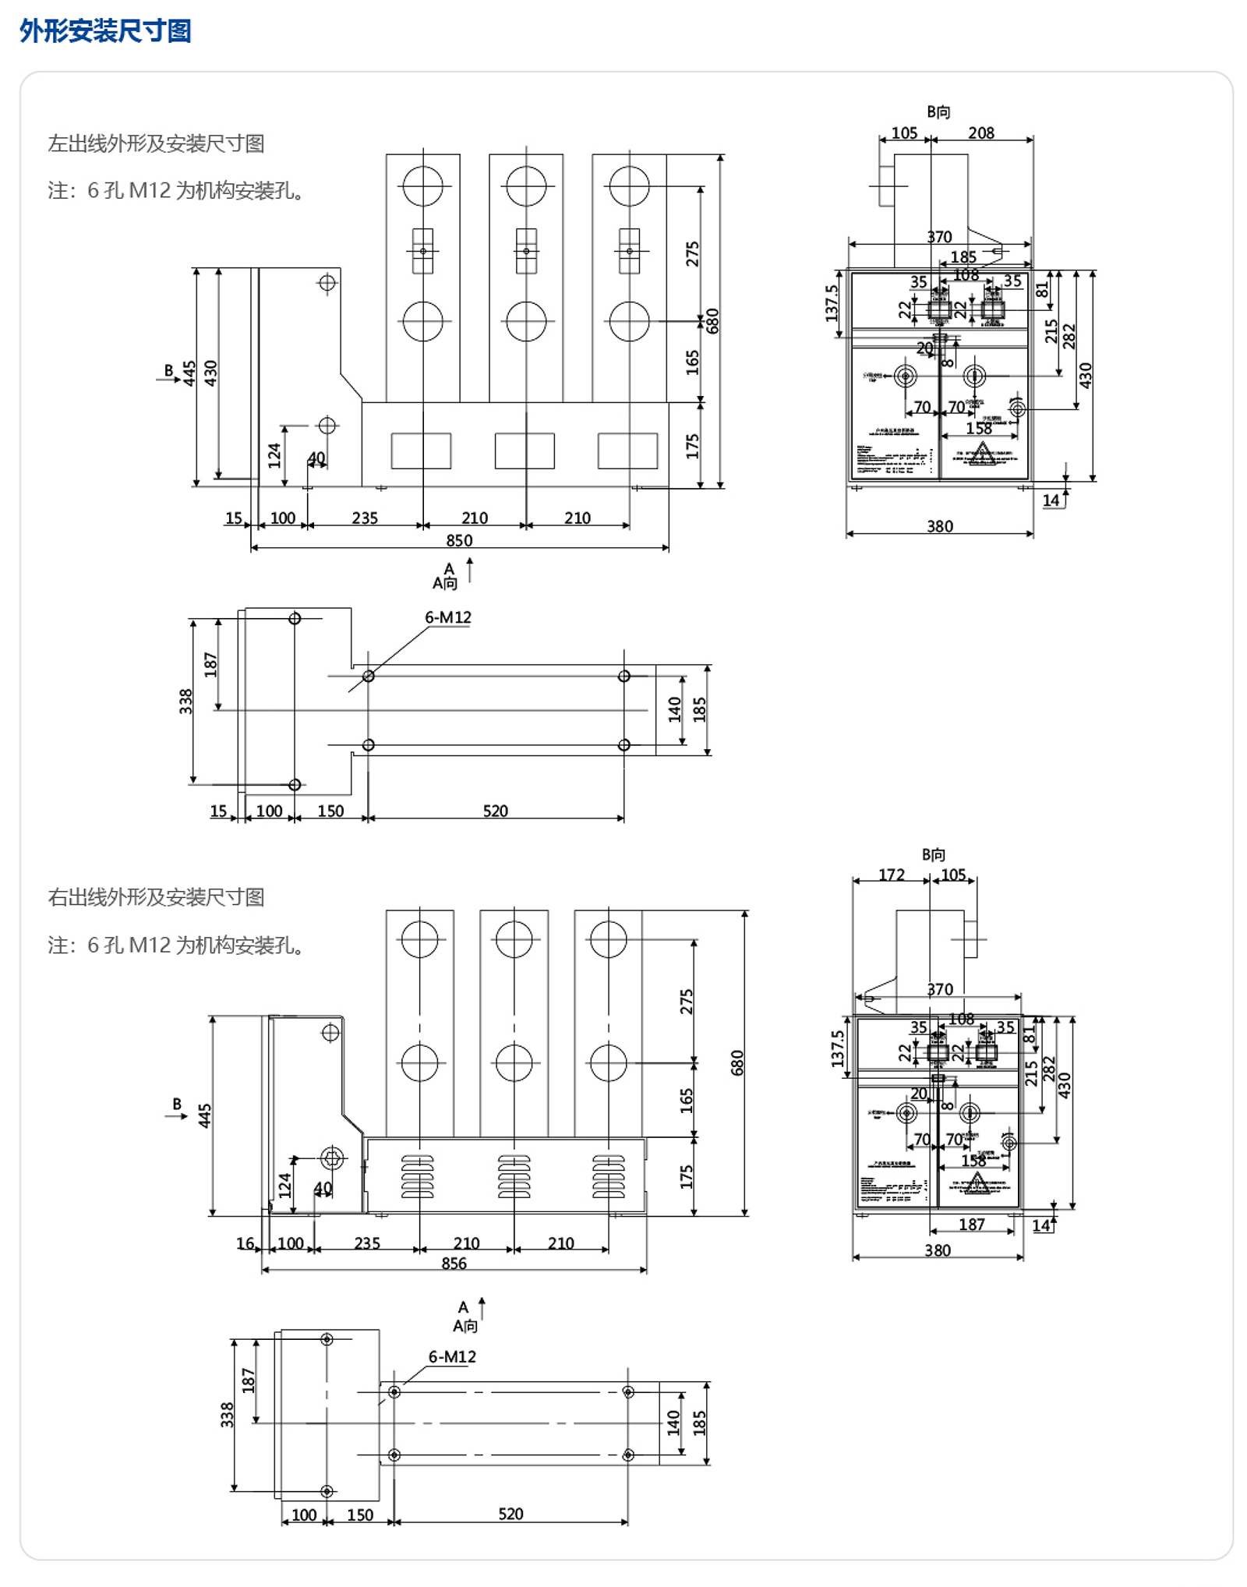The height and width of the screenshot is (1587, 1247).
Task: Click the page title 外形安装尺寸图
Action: pos(105,31)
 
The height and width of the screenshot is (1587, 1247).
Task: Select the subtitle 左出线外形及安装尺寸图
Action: pos(156,143)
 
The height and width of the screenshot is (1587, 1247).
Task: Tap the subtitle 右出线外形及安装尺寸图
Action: pos(156,897)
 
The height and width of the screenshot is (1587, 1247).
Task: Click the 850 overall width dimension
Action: pos(459,540)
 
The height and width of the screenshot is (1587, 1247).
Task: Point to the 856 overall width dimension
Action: pos(454,1264)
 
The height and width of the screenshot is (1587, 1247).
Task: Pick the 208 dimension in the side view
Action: pos(981,133)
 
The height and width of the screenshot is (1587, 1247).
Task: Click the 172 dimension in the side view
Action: pos(892,875)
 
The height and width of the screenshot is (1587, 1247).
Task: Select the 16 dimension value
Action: pos(245,1243)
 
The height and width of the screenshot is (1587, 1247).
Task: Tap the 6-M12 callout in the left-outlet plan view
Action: pos(448,617)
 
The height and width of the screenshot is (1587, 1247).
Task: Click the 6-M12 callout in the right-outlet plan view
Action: pos(452,1357)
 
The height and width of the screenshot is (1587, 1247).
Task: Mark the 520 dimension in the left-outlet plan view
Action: pos(496,811)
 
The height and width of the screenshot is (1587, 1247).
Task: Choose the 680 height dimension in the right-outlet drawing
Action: pos(737,1063)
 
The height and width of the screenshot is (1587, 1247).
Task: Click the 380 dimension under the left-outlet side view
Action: pos(940,526)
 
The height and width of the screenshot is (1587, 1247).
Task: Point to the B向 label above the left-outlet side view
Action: pos(938,112)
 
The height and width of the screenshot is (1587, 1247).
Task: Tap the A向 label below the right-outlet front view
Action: pos(465,1326)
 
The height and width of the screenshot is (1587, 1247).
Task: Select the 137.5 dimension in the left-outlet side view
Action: pos(832,303)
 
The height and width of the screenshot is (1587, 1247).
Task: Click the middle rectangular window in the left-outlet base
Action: pos(525,451)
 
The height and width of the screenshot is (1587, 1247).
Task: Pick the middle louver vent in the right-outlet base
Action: pos(514,1176)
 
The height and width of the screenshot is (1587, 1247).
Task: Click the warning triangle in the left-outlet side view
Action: pos(982,452)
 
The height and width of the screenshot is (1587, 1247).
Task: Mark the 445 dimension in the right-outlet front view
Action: pos(204,1115)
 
